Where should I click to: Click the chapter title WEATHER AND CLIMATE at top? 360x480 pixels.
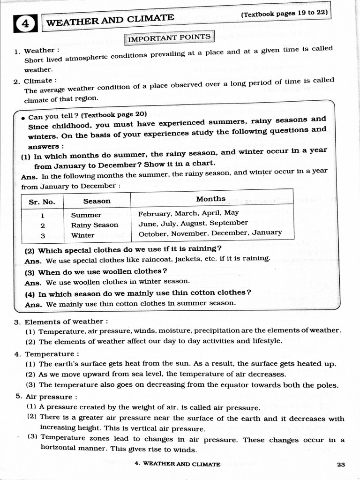[x=110, y=20]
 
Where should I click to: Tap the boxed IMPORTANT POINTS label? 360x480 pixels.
[x=170, y=38]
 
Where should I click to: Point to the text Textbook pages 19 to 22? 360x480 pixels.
[x=285, y=13]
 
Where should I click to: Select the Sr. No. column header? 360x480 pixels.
[x=42, y=202]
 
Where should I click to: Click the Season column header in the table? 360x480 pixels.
[x=97, y=201]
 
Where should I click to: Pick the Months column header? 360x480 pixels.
[x=210, y=199]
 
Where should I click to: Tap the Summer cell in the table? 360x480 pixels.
[x=86, y=215]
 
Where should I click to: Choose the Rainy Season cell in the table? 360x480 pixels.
[x=94, y=225]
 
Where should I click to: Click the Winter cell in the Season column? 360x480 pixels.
[x=82, y=235]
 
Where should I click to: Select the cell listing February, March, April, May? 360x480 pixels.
[x=188, y=213]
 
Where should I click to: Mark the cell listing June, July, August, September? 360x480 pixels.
[x=193, y=223]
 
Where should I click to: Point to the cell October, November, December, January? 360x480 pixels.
[x=210, y=233]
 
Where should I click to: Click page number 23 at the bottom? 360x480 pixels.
[x=341, y=465]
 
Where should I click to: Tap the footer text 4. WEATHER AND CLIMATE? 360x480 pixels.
[x=177, y=464]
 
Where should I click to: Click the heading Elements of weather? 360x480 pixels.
[x=66, y=322]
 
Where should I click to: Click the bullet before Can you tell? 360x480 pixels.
[x=23, y=118]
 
